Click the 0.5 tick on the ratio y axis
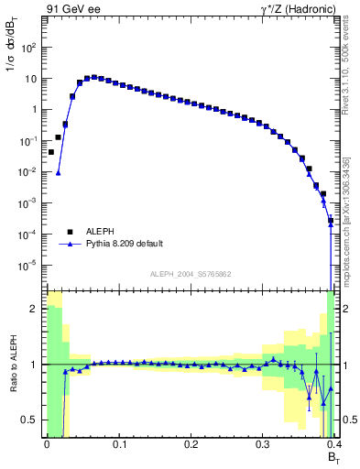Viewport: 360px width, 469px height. point(32,420)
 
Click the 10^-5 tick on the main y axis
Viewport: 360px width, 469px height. point(30,266)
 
